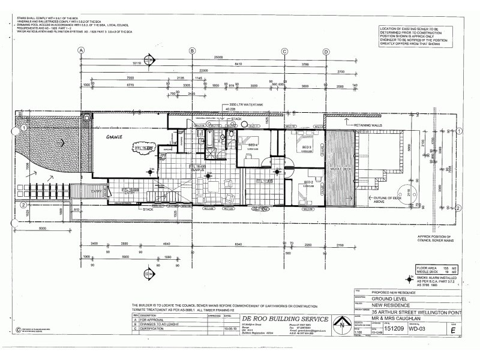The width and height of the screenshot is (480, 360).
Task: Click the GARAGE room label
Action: tap(115, 138)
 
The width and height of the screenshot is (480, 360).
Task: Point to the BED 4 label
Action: tap(253, 145)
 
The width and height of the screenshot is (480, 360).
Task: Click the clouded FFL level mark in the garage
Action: tap(145, 148)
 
